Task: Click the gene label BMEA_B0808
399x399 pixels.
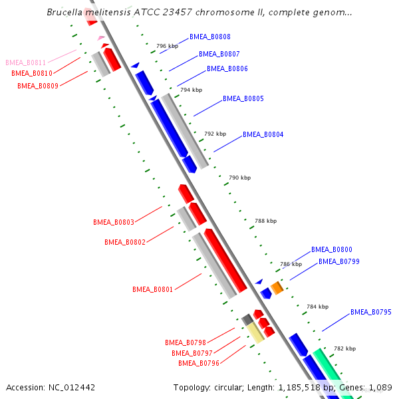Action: pos(210,37)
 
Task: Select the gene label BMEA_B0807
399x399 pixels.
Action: pos(219,54)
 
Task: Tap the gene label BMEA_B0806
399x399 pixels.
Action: pos(227,68)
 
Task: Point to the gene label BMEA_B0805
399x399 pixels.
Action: pos(243,98)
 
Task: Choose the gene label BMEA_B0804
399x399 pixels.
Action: pos(263,134)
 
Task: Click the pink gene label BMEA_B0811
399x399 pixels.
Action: pos(26,63)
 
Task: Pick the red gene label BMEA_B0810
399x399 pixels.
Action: pos(32,73)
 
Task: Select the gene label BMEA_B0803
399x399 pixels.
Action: pos(114,222)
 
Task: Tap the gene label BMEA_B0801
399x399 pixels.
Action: pos(152,289)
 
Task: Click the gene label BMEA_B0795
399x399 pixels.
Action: pos(370,312)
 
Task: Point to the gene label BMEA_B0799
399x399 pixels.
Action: pos(338,261)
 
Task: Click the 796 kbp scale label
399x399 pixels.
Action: pos(168,47)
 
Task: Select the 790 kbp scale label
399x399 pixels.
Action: pos(239,178)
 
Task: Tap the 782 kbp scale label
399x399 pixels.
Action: pos(344,348)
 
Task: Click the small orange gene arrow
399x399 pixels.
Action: pos(277,287)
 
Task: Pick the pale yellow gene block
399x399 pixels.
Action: pos(255,332)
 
